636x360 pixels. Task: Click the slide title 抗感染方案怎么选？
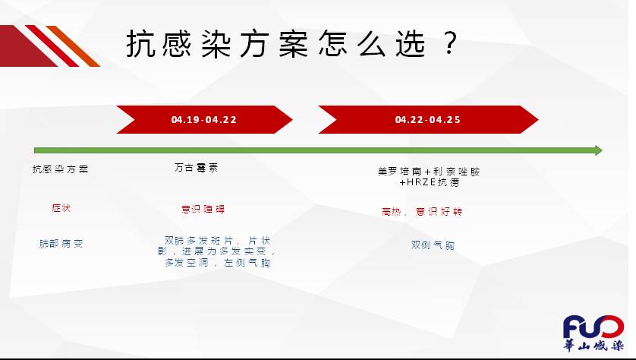[x=292, y=43]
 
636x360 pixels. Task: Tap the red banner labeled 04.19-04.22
[x=204, y=119]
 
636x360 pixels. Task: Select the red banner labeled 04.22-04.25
[x=428, y=119]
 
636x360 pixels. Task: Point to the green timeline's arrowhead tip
[x=603, y=150]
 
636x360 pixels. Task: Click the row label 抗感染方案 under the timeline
[x=61, y=169]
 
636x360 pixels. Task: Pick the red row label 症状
[x=61, y=208]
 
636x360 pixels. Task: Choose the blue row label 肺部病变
[x=61, y=244]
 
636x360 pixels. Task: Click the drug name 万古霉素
[x=197, y=168]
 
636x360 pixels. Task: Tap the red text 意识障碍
[x=203, y=210]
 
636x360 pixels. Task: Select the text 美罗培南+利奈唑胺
[x=429, y=172]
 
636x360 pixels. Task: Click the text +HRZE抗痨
[x=429, y=182]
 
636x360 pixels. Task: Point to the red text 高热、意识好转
[x=422, y=211]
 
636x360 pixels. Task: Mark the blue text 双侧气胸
[x=433, y=245]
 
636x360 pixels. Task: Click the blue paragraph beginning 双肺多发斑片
[x=217, y=251]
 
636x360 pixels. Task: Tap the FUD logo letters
[x=593, y=327]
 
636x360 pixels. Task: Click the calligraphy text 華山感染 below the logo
[x=593, y=346]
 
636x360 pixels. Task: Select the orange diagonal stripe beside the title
[x=73, y=46]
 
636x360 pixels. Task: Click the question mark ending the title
[x=449, y=43]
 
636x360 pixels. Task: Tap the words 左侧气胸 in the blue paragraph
[x=247, y=263]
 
